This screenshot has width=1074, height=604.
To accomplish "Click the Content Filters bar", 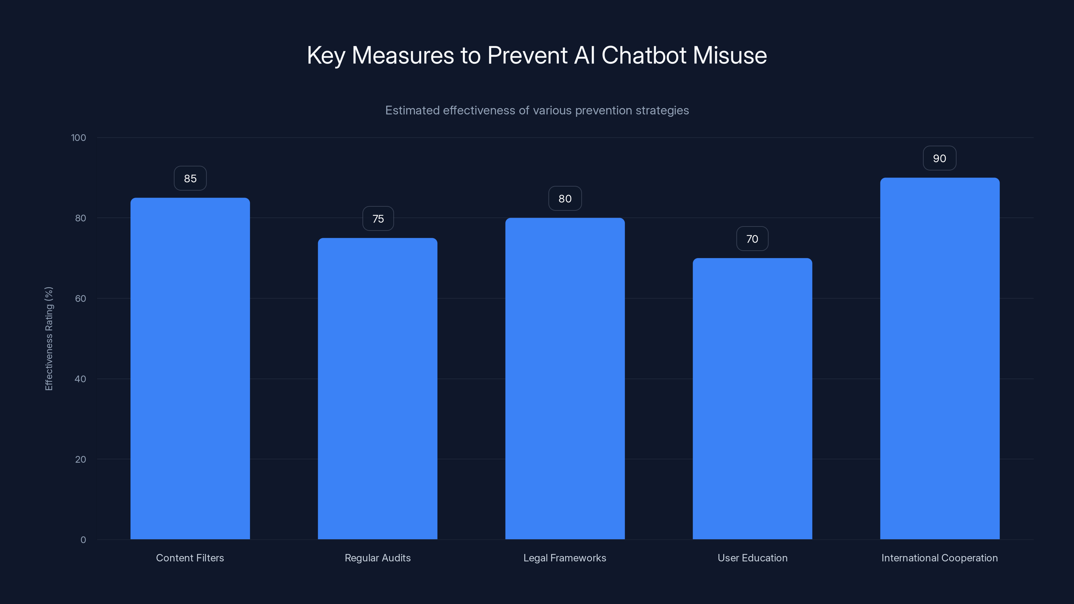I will click(190, 368).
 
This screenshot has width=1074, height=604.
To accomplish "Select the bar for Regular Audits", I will click(377, 389).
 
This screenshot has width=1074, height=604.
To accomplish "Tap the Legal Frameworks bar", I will click(565, 379).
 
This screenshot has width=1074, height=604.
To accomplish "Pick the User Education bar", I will click(752, 399).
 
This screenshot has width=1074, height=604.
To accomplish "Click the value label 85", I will click(190, 179).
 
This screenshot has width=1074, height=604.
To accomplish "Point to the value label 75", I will click(378, 219).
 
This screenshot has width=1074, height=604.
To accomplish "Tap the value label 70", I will click(752, 239).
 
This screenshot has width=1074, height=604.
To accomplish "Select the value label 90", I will click(939, 158).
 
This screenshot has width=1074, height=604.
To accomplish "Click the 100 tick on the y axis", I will click(79, 138).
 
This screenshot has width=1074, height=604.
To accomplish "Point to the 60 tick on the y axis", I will click(81, 298).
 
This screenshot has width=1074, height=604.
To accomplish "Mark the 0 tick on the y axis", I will click(83, 540).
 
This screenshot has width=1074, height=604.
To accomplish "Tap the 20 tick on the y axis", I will click(81, 459).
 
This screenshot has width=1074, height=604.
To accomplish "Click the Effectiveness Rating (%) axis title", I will click(49, 339).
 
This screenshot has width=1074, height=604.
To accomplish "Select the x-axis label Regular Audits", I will click(377, 558).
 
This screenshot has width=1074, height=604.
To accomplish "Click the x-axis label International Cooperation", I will click(939, 558).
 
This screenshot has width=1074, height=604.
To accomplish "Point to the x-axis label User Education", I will click(752, 558).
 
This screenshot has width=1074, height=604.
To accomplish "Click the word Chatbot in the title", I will click(643, 55).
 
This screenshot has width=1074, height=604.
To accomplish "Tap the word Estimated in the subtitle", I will click(412, 110).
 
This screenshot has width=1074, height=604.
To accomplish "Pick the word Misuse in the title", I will click(730, 55).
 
